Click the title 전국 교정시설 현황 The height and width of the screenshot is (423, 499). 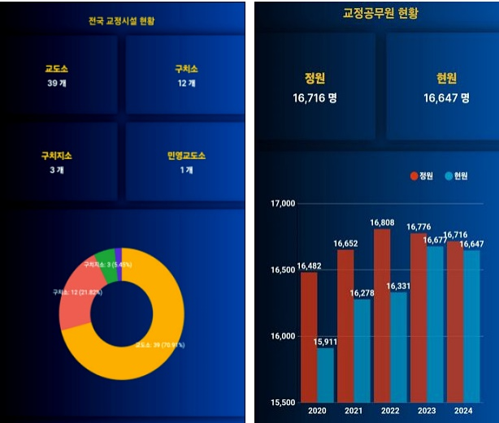pos(122,21)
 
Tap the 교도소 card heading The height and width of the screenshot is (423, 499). pos(56,69)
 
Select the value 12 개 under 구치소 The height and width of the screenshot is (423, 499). pos(187,83)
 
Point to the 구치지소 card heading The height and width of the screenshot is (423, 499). pos(56,155)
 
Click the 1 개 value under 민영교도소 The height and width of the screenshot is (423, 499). pos(187,170)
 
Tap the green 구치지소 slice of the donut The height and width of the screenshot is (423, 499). pos(106,260)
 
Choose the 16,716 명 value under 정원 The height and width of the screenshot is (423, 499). pos(315,97)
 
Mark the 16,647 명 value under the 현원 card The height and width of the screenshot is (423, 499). pos(446,97)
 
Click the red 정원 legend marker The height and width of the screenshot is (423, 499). pos(413,176)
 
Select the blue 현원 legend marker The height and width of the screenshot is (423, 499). pos(448,176)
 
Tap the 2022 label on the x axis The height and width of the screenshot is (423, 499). pos(390,411)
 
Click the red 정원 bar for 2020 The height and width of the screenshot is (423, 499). pos(309,337)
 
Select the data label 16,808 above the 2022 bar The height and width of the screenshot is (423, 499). pos(382,222)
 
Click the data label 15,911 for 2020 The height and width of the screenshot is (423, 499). pos(325,342)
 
